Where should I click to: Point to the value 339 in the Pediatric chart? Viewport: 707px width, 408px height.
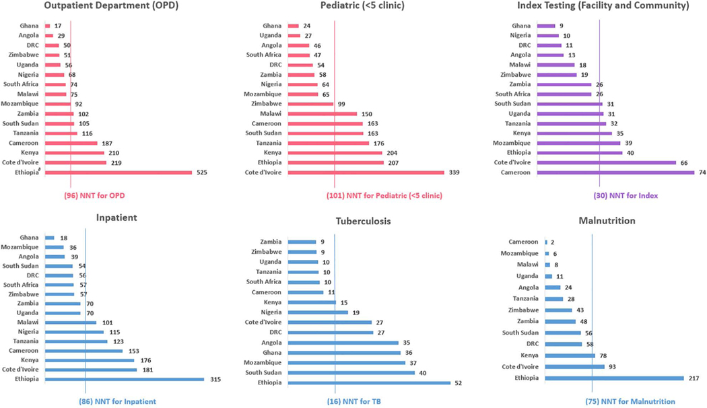[452, 172]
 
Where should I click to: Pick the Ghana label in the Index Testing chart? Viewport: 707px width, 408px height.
[521, 26]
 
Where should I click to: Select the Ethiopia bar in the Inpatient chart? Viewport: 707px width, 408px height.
[124, 380]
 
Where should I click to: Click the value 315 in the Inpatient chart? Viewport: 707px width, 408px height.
[213, 380]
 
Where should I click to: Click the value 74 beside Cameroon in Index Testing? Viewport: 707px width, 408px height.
[702, 172]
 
